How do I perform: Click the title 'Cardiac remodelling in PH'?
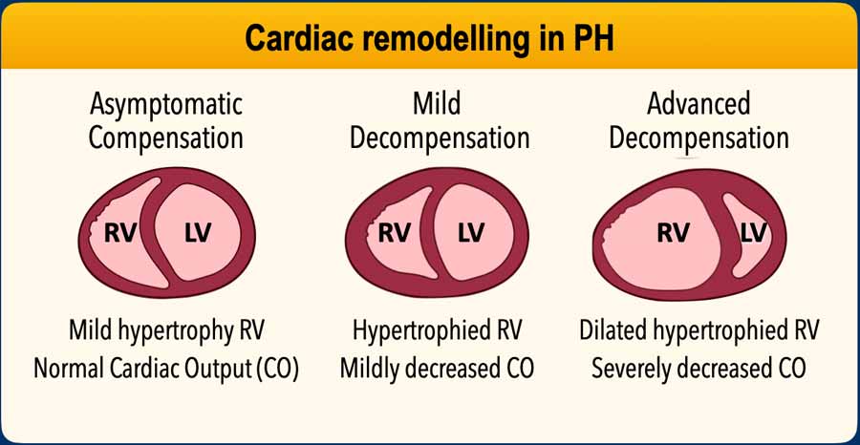[x=430, y=38]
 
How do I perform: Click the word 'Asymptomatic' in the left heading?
[x=166, y=103]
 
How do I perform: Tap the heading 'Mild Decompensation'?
[x=440, y=120]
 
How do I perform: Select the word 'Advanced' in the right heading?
[x=699, y=103]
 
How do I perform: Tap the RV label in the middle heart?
[x=394, y=232]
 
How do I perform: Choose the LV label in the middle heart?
[x=471, y=232]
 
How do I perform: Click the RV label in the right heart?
[x=674, y=232]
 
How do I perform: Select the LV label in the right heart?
[x=754, y=232]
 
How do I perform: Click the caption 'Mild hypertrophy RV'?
[x=166, y=331]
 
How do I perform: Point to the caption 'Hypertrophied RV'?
[x=440, y=331]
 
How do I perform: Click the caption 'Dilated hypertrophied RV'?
[x=699, y=331]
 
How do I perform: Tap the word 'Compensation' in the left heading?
[x=166, y=138]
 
